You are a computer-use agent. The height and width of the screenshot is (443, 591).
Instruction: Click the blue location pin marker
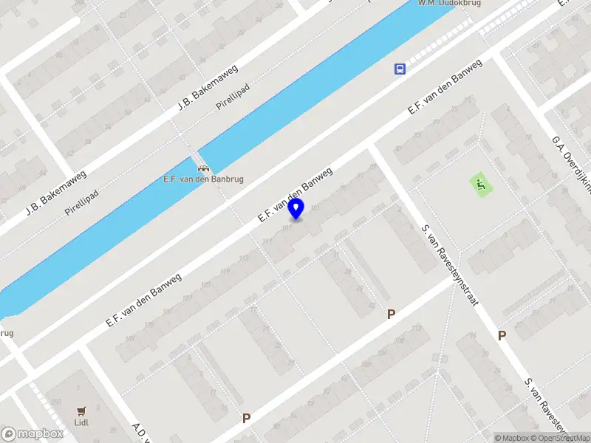296,209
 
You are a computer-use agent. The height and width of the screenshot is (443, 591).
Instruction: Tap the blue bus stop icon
400,69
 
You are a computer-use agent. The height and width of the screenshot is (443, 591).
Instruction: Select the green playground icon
480,185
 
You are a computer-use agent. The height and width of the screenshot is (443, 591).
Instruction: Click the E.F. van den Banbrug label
203,179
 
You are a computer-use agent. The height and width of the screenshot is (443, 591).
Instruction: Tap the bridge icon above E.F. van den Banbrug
202,166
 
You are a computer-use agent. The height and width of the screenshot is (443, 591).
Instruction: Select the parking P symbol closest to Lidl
246,418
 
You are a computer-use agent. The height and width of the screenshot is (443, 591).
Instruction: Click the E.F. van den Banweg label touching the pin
295,195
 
